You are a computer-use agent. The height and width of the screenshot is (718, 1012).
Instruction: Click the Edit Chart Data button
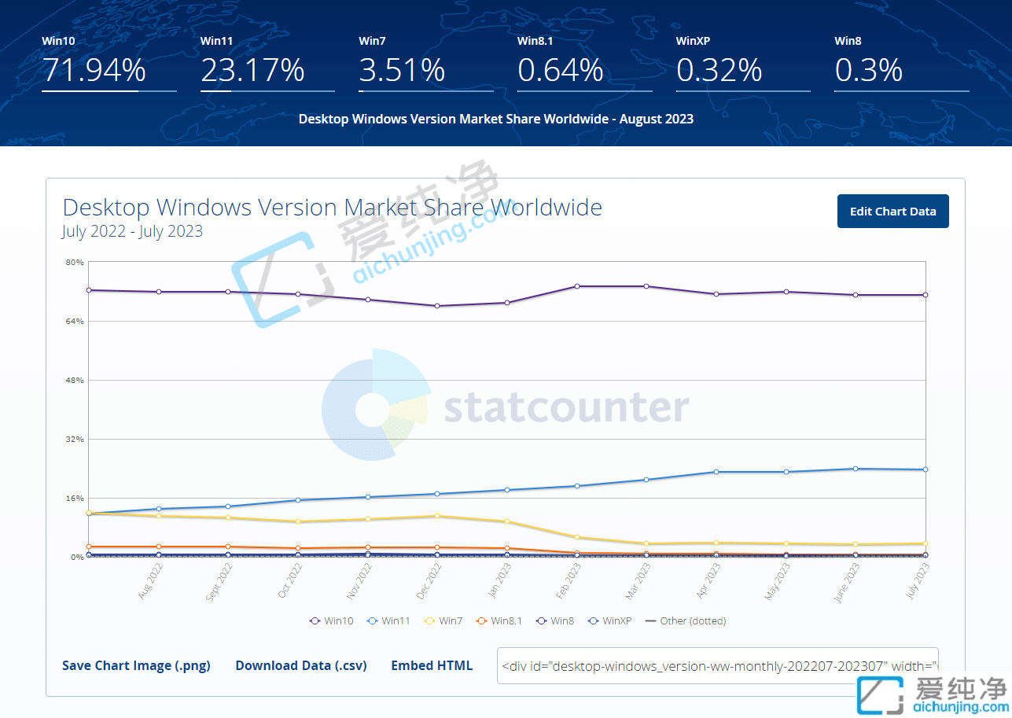click(x=892, y=211)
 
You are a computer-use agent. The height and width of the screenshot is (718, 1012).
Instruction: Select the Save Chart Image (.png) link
click(x=136, y=665)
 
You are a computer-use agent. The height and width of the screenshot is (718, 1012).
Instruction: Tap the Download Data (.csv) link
click(x=301, y=665)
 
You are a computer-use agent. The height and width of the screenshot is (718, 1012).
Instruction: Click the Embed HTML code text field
click(x=717, y=665)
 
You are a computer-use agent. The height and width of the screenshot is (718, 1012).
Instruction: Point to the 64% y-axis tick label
click(x=75, y=321)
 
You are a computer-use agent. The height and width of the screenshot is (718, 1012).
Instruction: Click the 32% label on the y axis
click(x=75, y=439)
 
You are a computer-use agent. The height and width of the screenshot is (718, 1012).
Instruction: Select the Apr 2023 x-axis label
click(x=705, y=580)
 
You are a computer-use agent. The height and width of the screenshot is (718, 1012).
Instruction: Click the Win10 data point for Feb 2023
click(x=577, y=286)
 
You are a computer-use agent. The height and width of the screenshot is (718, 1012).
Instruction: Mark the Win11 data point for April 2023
click(x=716, y=472)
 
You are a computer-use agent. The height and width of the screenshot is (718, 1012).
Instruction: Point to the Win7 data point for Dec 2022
click(x=437, y=516)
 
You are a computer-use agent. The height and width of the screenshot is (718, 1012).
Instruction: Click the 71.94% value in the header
click(x=94, y=71)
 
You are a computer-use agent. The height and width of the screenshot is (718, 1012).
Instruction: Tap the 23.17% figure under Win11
click(x=252, y=71)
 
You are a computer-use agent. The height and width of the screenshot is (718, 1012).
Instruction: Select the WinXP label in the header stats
click(x=694, y=41)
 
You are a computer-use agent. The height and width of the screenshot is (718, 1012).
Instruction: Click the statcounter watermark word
click(x=566, y=407)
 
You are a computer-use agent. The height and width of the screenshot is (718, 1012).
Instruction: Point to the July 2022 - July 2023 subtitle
click(x=132, y=231)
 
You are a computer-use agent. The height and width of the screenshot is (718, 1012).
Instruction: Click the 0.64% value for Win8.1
click(x=560, y=71)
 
